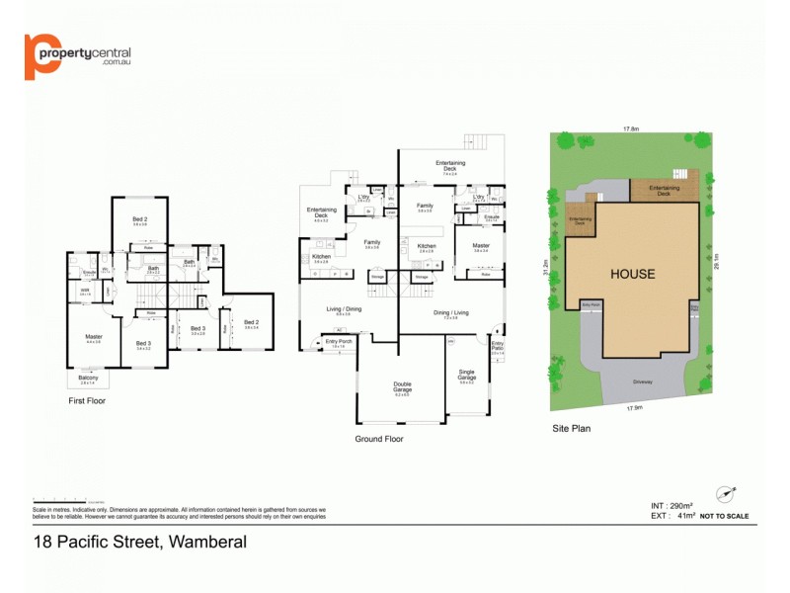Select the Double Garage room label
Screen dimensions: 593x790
[x=401, y=387]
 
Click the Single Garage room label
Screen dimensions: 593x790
[x=467, y=376]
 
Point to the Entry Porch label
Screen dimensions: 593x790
[x=338, y=343]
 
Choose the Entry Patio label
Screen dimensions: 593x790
[x=497, y=347]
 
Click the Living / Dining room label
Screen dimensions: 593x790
[x=345, y=309]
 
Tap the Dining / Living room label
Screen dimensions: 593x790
[x=449, y=313]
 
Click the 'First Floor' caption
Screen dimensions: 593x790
[x=86, y=401]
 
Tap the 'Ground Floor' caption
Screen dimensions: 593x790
[x=378, y=439]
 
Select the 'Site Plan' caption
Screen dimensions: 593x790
[x=572, y=430]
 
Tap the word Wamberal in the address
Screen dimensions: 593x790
[x=207, y=542]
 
